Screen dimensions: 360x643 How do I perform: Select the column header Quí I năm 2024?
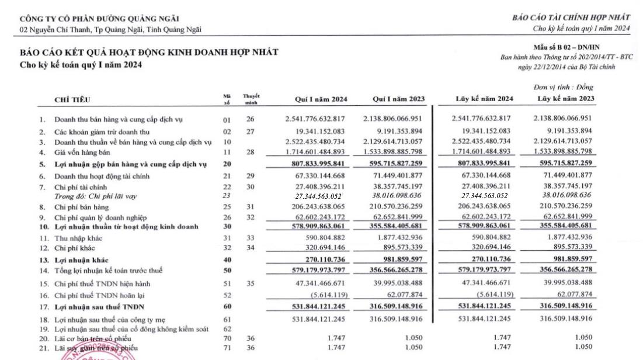click(317, 98)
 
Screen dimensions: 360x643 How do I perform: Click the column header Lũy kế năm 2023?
click(565, 98)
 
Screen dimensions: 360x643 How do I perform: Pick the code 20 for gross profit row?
click(227, 164)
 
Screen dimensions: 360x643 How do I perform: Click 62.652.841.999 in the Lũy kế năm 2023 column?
click(565, 216)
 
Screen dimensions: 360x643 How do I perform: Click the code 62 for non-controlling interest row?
click(227, 329)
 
